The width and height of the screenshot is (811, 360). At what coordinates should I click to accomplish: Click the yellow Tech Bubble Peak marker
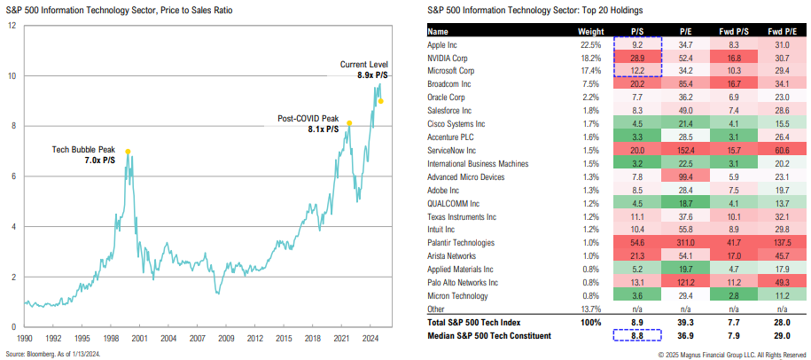click(128, 151)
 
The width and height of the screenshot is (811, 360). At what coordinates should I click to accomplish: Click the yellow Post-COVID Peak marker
click(349, 122)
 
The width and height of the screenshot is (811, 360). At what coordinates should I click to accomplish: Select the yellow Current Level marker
click(381, 101)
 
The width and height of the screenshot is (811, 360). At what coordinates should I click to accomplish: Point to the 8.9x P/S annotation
click(369, 76)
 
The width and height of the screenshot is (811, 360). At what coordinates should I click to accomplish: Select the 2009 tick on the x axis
click(227, 339)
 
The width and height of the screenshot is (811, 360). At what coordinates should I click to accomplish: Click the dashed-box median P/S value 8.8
click(636, 335)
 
